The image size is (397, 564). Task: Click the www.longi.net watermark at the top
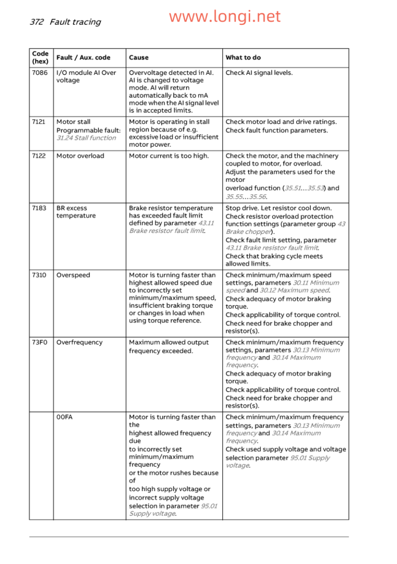(x=225, y=17)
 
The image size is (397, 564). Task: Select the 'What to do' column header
(x=243, y=58)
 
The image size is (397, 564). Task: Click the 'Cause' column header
(x=139, y=58)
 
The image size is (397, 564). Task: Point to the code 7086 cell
(x=39, y=73)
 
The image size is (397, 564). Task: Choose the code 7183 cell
(x=39, y=208)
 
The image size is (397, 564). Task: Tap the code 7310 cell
(x=39, y=275)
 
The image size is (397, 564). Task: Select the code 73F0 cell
(x=39, y=342)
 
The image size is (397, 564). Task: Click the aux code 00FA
(x=64, y=417)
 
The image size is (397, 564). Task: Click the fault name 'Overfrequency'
(x=80, y=342)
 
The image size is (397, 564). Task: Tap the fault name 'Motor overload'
(x=80, y=156)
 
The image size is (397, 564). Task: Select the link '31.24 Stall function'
(x=86, y=138)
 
